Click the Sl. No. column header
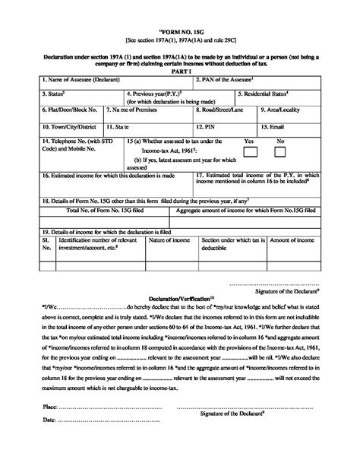46,244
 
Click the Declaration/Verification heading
181,300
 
